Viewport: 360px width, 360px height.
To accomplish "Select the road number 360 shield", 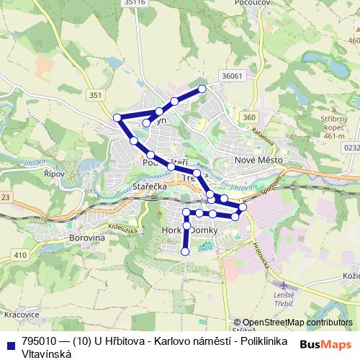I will coord(249,117).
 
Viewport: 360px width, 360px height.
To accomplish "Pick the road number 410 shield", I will coord(19,255).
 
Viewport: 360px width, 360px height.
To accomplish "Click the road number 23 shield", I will coord(6,197).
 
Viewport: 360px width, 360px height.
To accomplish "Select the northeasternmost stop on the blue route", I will coord(202,89).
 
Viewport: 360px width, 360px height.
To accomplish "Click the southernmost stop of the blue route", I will coord(185,251).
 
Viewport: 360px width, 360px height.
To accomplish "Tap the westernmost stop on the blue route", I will coord(117,117).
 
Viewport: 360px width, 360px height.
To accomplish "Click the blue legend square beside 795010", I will coord(10,341).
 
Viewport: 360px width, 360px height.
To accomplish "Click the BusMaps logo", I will coord(327,343).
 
